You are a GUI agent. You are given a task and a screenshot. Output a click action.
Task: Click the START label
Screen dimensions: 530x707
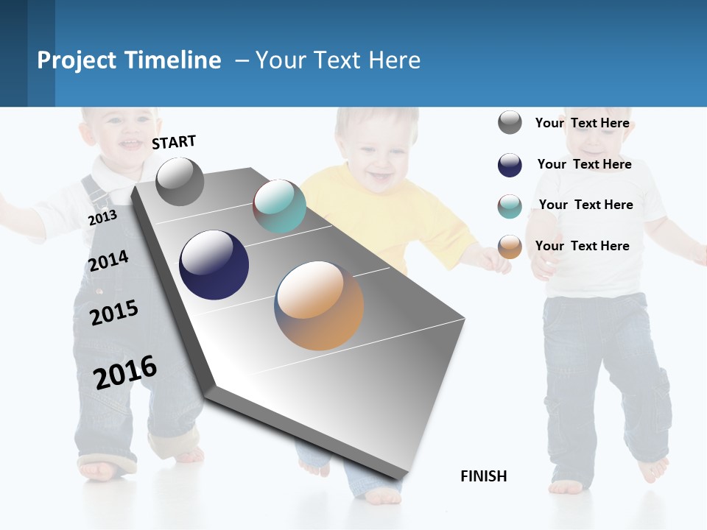(174, 142)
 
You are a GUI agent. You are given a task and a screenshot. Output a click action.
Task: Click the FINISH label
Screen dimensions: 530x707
(483, 476)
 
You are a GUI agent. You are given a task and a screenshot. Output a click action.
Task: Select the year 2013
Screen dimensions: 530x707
(102, 218)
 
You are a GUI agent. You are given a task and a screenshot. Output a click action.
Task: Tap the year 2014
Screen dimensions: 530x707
(108, 261)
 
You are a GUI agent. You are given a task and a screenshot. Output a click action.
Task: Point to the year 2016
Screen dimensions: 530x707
(125, 372)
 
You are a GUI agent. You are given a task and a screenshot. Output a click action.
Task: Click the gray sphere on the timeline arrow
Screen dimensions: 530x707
(180, 182)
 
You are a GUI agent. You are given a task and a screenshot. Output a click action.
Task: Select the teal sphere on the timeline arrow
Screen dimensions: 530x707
(279, 206)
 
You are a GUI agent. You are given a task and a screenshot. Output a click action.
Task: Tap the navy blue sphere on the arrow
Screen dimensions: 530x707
(214, 265)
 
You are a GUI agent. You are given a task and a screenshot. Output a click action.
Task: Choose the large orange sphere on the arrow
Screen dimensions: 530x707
(319, 305)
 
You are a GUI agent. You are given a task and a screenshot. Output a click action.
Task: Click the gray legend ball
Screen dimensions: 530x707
(510, 122)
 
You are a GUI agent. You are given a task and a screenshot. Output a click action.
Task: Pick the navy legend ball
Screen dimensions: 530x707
(510, 165)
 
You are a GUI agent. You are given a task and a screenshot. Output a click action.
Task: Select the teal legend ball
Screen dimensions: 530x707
(510, 206)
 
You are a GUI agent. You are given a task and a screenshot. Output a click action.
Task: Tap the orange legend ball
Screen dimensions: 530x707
(510, 247)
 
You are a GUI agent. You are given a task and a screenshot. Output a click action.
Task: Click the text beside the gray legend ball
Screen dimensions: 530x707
(582, 123)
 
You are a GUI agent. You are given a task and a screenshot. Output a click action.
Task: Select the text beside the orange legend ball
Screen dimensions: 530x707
(582, 246)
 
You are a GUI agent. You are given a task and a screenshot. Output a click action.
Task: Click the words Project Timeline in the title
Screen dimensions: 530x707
(129, 60)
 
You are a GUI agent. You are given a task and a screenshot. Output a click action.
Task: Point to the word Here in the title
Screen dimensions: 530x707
(394, 60)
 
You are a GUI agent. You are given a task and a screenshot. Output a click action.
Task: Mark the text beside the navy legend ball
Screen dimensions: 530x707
(584, 164)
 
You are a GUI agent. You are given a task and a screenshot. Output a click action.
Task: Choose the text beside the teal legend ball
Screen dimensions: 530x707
(585, 205)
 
